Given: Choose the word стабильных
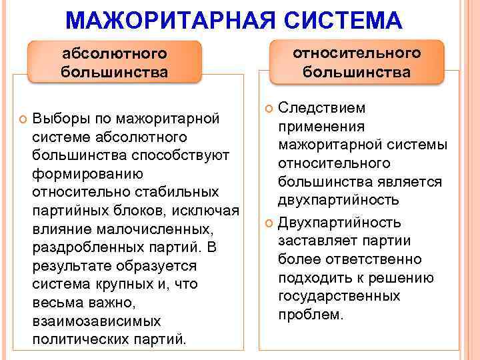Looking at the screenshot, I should click(x=171, y=192).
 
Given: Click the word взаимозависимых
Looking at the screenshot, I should click(x=96, y=321).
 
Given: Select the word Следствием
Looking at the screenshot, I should click(x=312, y=108).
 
